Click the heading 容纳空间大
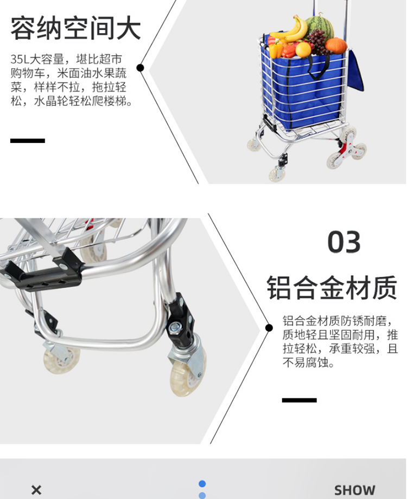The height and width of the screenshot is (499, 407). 76,28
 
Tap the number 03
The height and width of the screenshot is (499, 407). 344,242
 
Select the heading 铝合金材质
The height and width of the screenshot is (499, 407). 332,287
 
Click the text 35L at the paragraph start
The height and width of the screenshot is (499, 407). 20,59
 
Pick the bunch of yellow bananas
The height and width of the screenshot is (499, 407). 289,30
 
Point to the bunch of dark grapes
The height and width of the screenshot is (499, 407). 318,41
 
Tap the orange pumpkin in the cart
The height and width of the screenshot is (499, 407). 336,46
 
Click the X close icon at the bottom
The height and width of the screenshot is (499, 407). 36,489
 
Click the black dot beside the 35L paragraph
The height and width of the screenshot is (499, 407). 140,68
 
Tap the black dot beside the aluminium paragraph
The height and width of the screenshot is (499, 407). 269,328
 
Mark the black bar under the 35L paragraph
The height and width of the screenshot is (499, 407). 28,141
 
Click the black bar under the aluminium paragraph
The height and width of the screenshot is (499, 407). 299,400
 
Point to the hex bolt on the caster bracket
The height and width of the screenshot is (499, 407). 174,328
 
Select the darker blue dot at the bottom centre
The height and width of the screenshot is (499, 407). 202,484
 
